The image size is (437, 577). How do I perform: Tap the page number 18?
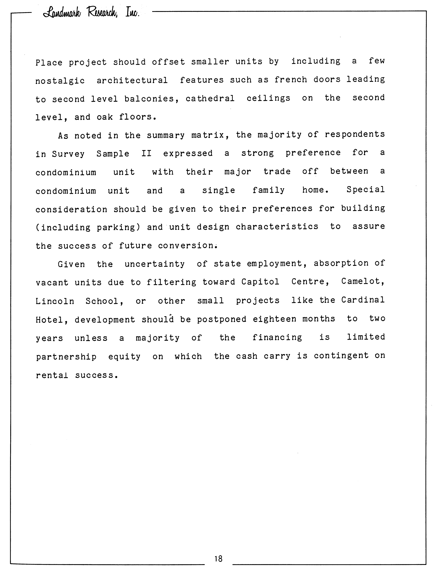(x=218, y=558)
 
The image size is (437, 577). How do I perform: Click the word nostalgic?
(x=60, y=81)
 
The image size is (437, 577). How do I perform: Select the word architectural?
(x=132, y=80)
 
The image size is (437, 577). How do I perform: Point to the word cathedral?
(x=210, y=99)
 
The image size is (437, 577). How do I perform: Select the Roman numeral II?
(x=146, y=153)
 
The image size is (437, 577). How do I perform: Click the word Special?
(x=365, y=190)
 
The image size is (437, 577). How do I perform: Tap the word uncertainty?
(x=155, y=264)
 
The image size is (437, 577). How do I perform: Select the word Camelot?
(x=363, y=281)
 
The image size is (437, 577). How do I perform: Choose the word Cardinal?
(x=363, y=300)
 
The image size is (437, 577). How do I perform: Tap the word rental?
(x=52, y=375)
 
